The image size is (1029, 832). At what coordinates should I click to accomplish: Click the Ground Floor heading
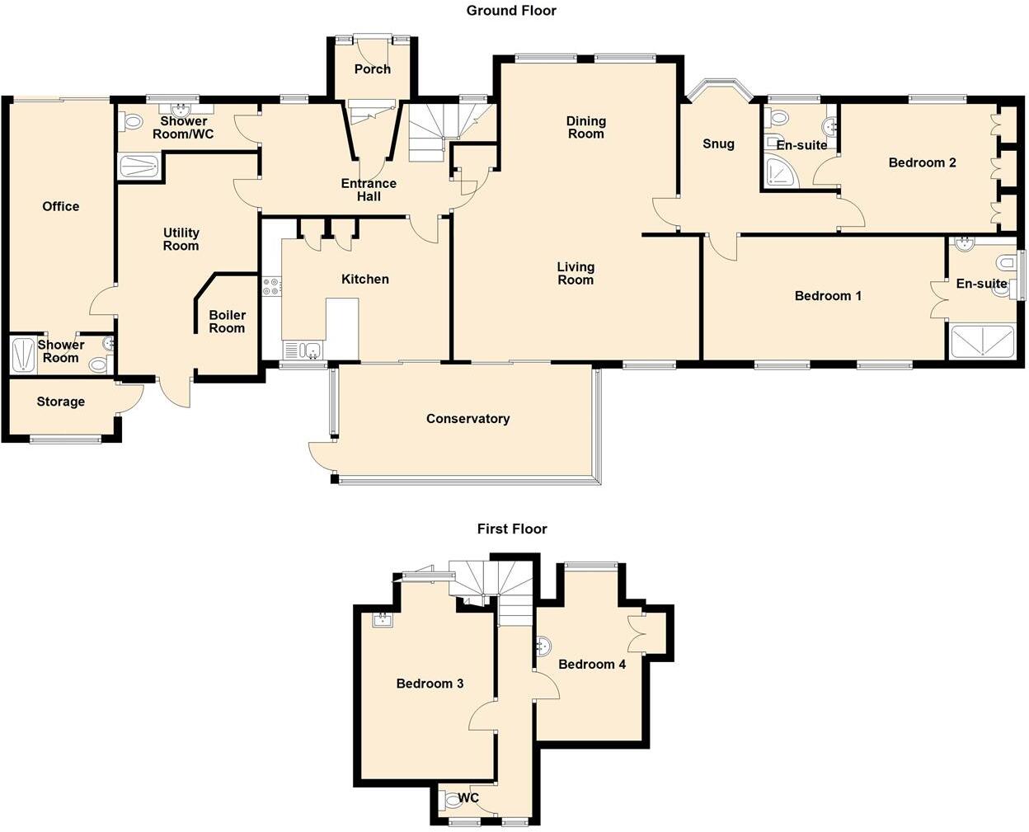[511, 11]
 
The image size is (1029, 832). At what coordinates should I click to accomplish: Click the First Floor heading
[512, 529]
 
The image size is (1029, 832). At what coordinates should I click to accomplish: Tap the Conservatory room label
[468, 419]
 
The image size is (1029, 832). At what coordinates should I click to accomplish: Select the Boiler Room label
[227, 322]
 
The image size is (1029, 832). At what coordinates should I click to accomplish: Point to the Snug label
[718, 143]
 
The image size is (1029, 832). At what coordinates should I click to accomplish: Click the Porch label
[373, 69]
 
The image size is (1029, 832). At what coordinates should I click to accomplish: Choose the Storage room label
[61, 402]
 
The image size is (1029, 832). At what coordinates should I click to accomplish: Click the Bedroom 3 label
[430, 684]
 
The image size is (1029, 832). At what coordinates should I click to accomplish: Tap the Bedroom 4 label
[592, 664]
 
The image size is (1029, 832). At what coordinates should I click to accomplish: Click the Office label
[61, 206]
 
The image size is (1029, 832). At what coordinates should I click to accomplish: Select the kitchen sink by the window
[303, 351]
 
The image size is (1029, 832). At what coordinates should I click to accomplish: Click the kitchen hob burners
[271, 287]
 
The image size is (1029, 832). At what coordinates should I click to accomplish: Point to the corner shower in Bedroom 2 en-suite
[778, 173]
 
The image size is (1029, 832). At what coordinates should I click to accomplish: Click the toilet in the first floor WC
[448, 800]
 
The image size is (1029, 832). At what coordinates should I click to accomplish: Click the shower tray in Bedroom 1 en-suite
[982, 342]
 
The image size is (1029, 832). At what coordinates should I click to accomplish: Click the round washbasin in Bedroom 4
[543, 646]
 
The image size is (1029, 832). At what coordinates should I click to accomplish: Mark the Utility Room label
[181, 239]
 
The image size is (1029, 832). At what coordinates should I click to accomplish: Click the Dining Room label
[586, 127]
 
